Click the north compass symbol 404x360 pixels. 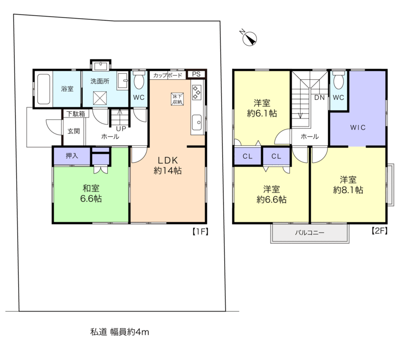click(249, 38)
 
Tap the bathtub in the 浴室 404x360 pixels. click(43, 89)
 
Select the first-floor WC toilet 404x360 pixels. click(139, 80)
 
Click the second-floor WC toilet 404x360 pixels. click(339, 80)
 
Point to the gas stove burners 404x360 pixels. click(196, 92)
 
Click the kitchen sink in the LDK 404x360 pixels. click(196, 122)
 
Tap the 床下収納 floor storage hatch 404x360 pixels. click(177, 99)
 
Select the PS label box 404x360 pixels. click(196, 74)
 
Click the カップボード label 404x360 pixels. click(168, 75)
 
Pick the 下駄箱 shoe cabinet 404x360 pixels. click(76, 114)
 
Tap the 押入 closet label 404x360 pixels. click(72, 155)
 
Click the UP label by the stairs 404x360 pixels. click(121, 129)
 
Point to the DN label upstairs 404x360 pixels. click(319, 97)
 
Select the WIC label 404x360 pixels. click(358, 127)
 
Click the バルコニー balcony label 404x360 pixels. click(310, 232)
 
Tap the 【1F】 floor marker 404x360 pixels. click(200, 231)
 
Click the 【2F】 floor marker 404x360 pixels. click(379, 230)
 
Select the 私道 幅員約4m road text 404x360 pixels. click(119, 332)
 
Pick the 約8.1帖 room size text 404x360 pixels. click(348, 190)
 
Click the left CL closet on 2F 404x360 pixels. click(248, 156)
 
